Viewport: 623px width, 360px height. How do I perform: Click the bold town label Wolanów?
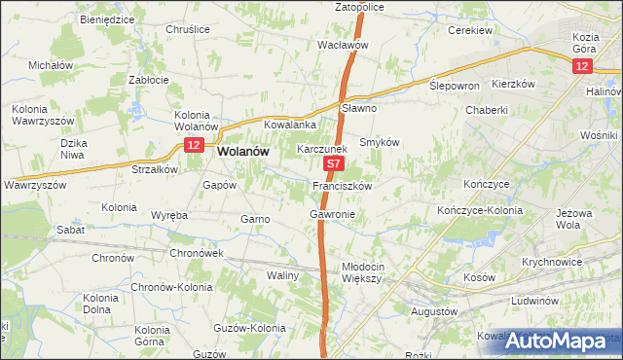click(242, 152)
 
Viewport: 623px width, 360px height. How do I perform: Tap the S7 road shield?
click(334, 166)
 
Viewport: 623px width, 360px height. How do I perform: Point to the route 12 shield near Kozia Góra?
click(581, 65)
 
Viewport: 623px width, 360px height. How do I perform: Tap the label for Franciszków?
click(341, 185)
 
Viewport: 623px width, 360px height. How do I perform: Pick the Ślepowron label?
click(455, 86)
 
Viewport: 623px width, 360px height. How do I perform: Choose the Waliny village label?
click(282, 275)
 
